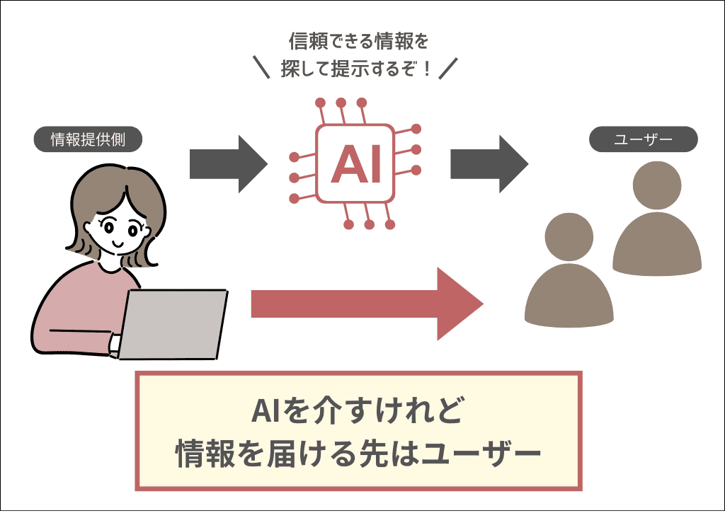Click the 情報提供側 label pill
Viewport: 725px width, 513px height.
click(x=89, y=139)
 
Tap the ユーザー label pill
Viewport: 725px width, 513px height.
click(x=644, y=139)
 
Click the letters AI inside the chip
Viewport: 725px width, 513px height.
click(x=355, y=163)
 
